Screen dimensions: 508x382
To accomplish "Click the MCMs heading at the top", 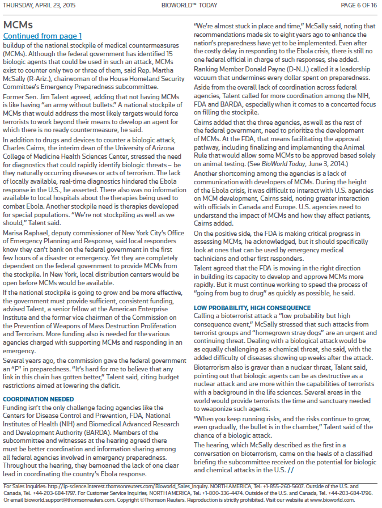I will click(x=18, y=25).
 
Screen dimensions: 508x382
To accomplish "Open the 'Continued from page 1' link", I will click(x=43, y=36).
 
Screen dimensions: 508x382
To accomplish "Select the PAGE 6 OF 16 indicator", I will click(x=358, y=5).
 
